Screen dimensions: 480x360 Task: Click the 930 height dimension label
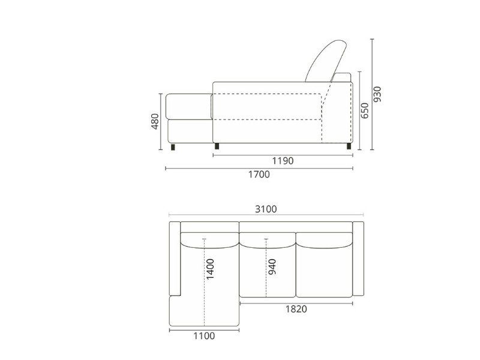pos(378,94)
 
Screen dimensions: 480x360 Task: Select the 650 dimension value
pos(365,110)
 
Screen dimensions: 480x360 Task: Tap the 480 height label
pos(155,122)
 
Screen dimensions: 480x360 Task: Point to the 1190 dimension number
pos(283,161)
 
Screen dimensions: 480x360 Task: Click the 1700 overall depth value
pos(259,175)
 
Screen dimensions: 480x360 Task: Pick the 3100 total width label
pos(266,209)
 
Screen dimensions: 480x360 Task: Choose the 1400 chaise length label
pos(211,269)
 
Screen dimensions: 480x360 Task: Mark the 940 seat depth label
pos(272,266)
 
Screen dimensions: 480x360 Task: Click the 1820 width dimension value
pos(296,309)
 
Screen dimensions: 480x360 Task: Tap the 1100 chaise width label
pos(204,336)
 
